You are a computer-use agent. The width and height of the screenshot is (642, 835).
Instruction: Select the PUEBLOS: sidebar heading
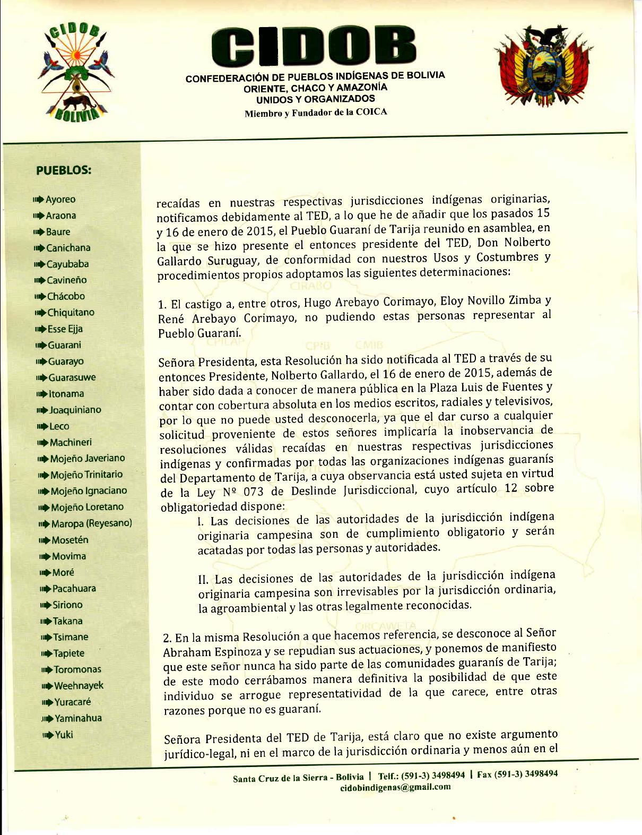click(64, 170)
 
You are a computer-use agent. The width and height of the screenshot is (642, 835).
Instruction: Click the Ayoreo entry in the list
click(60, 200)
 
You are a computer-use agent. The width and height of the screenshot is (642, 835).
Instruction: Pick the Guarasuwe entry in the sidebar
click(72, 377)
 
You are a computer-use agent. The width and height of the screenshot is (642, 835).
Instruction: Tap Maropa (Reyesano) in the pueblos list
click(92, 523)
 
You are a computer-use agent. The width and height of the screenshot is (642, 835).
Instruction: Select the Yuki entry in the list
click(64, 735)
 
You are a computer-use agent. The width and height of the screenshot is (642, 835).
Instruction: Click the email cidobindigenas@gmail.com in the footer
click(395, 787)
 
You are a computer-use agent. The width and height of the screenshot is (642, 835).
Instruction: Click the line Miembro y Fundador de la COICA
click(315, 112)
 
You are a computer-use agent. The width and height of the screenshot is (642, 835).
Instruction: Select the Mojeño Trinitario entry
click(86, 475)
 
